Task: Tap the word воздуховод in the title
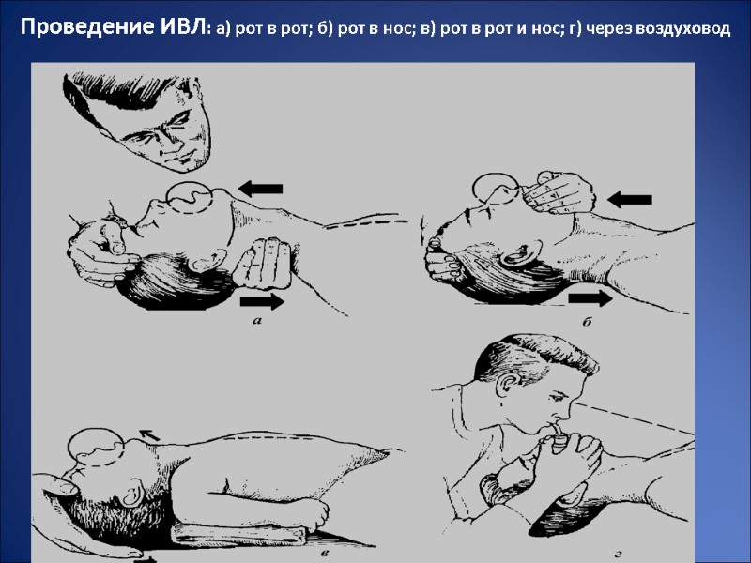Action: pyautogui.click(x=682, y=29)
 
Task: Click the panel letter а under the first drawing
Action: pyautogui.click(x=257, y=322)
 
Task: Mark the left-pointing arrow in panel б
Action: pyautogui.click(x=629, y=198)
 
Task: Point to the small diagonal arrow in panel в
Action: pyautogui.click(x=149, y=434)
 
